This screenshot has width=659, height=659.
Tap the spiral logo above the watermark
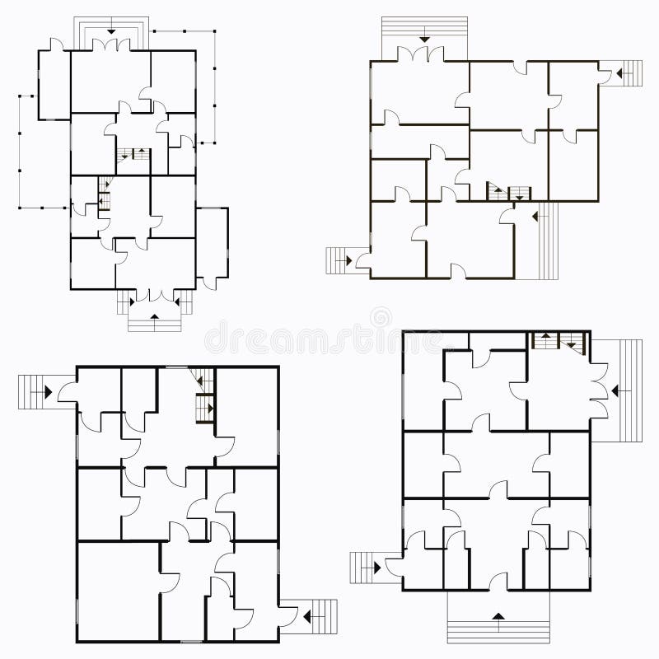(x=381, y=316)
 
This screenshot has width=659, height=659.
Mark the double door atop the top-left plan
(x=111, y=45)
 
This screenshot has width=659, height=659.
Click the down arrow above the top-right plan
(x=424, y=37)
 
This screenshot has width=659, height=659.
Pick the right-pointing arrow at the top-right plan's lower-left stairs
(x=349, y=260)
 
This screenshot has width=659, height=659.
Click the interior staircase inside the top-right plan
(x=509, y=193)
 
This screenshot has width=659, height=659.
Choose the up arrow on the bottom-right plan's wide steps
(x=498, y=615)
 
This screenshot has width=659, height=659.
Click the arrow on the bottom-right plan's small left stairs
(x=376, y=566)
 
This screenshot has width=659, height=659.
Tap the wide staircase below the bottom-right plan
(x=498, y=626)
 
